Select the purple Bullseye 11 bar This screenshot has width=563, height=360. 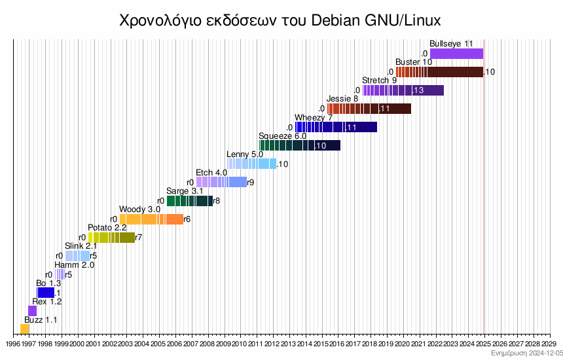click(x=456, y=54)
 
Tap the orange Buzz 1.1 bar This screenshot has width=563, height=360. click(x=25, y=329)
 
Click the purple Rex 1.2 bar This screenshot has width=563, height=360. click(x=32, y=311)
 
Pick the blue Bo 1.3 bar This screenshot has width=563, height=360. click(x=46, y=293)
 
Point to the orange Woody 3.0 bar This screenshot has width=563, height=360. click(x=151, y=219)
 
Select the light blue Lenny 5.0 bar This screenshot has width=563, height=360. click(x=251, y=164)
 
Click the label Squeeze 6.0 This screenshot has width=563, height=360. click(x=282, y=135)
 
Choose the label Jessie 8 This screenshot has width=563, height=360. click(x=342, y=99)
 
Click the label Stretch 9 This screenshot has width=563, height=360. click(x=379, y=81)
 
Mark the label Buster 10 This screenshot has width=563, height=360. click(x=414, y=62)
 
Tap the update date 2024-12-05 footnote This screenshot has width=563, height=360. click(x=527, y=353)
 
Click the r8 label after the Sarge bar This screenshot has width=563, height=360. click(x=216, y=201)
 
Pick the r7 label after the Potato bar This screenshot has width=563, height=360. click(x=138, y=238)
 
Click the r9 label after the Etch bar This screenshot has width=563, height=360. click(x=251, y=183)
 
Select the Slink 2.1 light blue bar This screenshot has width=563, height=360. click(x=77, y=256)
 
